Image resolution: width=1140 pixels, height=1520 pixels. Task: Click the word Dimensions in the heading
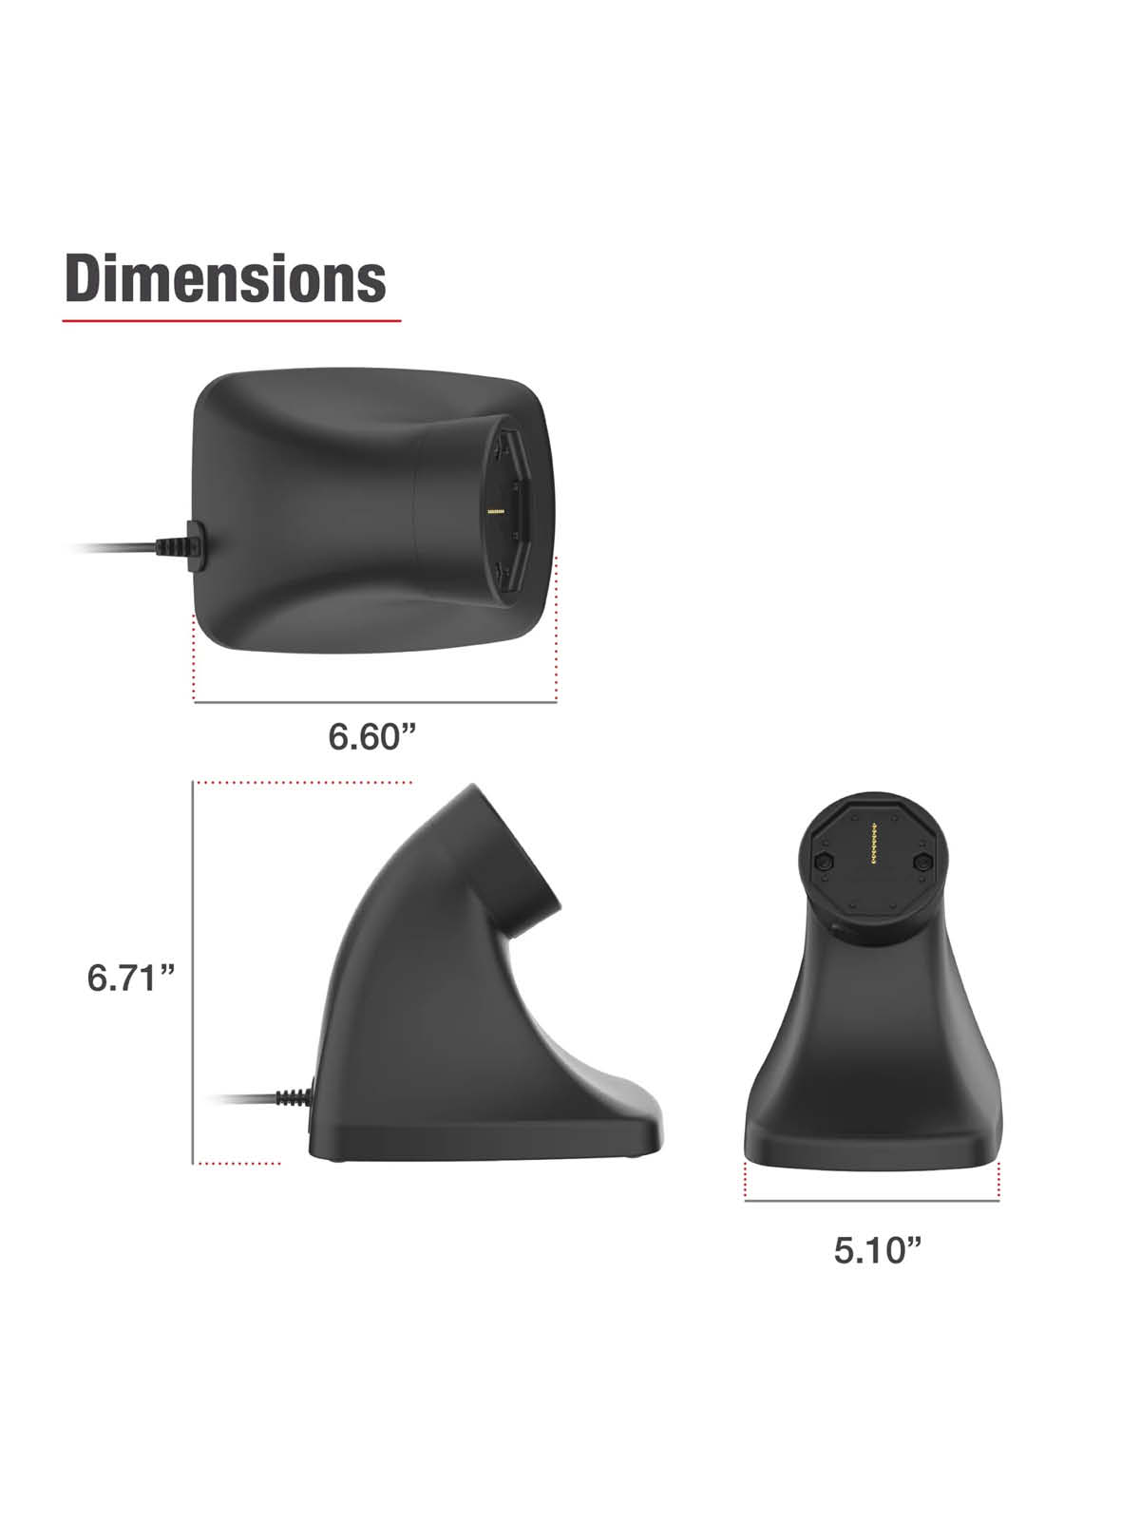pos(226,278)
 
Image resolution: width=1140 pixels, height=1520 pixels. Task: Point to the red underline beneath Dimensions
pos(232,320)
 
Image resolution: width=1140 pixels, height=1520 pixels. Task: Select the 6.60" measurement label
pos(372,736)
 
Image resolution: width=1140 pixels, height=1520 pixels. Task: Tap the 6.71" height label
pos(131,978)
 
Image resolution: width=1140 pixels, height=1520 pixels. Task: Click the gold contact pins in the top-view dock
pos(496,512)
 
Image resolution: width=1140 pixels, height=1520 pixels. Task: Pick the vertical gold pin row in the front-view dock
pos(873,843)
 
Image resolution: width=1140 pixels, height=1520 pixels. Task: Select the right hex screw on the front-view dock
pos(921,863)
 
